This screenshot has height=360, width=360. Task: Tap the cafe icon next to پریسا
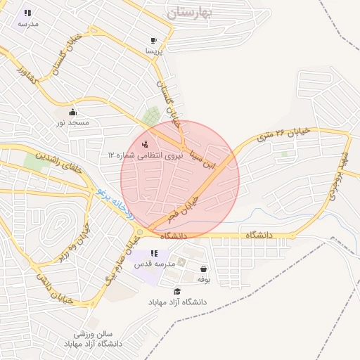pyautogui.click(x=154, y=40)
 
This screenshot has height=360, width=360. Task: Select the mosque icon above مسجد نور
pyautogui.click(x=72, y=112)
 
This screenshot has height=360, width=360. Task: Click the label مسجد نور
pyautogui.click(x=73, y=123)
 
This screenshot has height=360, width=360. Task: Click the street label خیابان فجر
pyautogui.click(x=184, y=207)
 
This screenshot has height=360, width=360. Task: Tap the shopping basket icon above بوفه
pyautogui.click(x=204, y=269)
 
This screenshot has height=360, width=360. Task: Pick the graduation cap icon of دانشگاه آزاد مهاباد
pyautogui.click(x=176, y=291)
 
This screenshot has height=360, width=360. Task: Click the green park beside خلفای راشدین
pyautogui.click(x=32, y=161)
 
